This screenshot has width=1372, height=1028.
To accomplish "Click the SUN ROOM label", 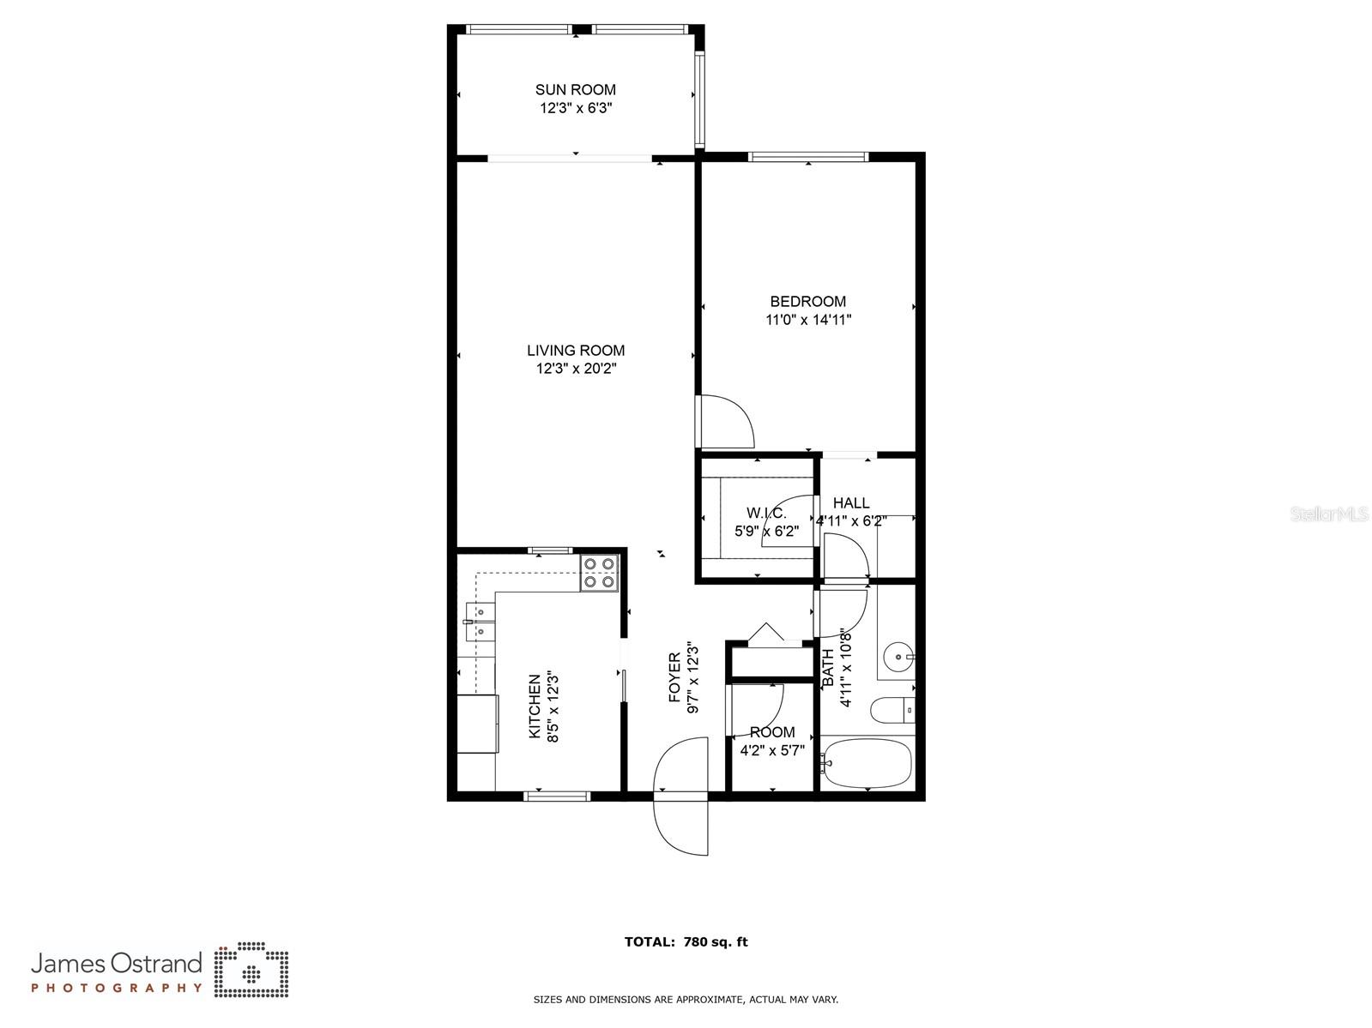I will pyautogui.click(x=575, y=89).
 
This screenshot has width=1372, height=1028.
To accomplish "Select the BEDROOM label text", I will pyautogui.click(x=807, y=301).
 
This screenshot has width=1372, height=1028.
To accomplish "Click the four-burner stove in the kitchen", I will pyautogui.click(x=599, y=573).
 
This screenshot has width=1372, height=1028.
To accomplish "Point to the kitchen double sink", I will pyautogui.click(x=480, y=622).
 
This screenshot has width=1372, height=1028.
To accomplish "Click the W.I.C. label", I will pyautogui.click(x=765, y=513).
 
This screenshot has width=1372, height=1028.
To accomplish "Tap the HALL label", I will pyautogui.click(x=850, y=503).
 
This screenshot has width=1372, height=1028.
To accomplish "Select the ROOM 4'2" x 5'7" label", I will pyautogui.click(x=771, y=741).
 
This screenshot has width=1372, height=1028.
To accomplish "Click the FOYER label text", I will pyautogui.click(x=674, y=677).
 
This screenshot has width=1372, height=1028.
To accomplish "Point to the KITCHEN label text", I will pyautogui.click(x=535, y=706).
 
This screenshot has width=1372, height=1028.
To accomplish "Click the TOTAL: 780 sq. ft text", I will pyautogui.click(x=686, y=941).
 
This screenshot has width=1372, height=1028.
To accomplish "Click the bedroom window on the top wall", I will pyautogui.click(x=807, y=157).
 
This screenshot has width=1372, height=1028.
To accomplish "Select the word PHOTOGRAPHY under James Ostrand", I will pyautogui.click(x=117, y=988).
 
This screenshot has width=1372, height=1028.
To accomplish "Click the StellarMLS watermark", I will pyautogui.click(x=1329, y=514).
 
